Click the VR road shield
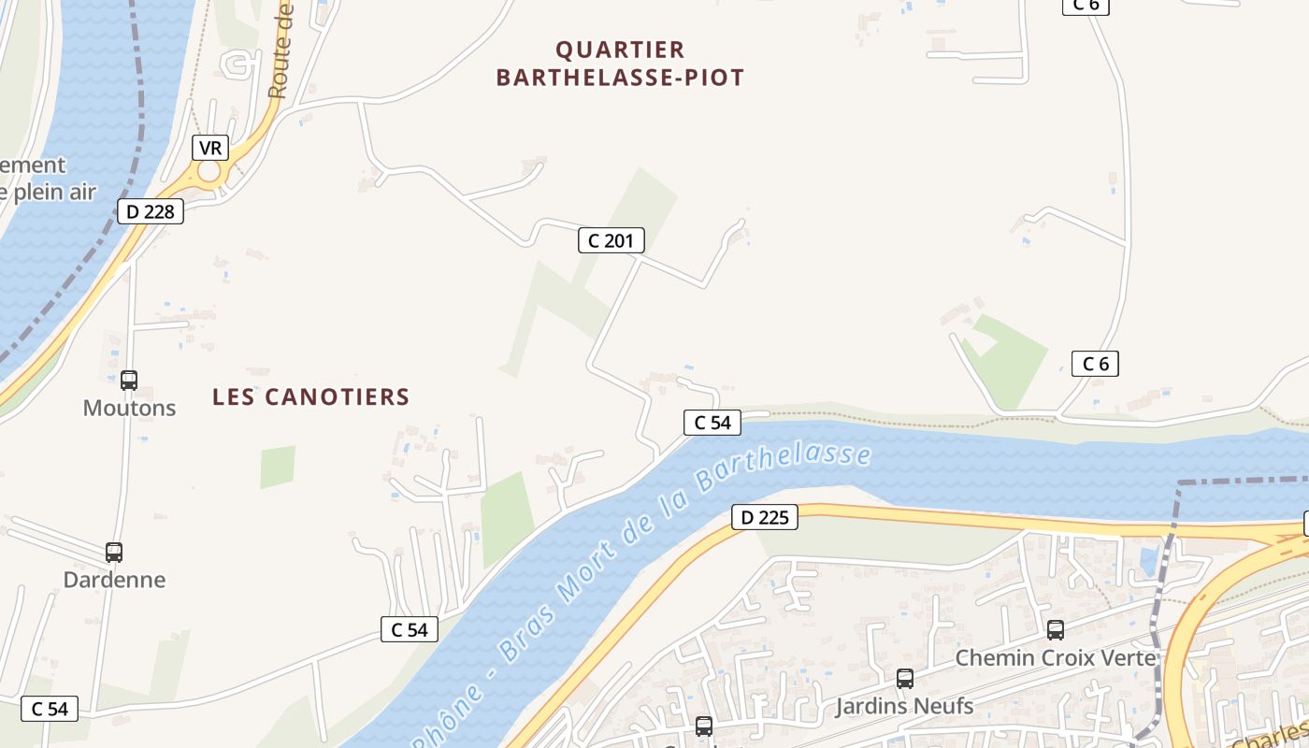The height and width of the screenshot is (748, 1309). pyautogui.click(x=210, y=148)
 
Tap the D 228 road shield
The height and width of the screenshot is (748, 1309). pyautogui.click(x=150, y=211)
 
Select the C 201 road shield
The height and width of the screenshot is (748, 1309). pyautogui.click(x=611, y=241)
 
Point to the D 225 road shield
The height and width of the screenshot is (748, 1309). pyautogui.click(x=764, y=517)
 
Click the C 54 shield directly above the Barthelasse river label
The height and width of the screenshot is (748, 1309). pyautogui.click(x=712, y=423)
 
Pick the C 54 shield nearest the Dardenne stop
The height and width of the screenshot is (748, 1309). pyautogui.click(x=410, y=629)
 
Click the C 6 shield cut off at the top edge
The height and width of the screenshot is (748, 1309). pyautogui.click(x=1086, y=5)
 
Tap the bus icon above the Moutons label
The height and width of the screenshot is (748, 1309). pyautogui.click(x=129, y=381)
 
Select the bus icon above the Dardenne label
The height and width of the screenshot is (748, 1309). pyautogui.click(x=114, y=553)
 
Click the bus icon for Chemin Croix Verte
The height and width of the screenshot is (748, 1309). pyautogui.click(x=1056, y=630)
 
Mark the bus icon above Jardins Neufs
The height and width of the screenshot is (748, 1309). pyautogui.click(x=904, y=679)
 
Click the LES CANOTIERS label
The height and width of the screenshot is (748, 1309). pyautogui.click(x=311, y=397)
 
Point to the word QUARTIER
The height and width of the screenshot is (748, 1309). pyautogui.click(x=620, y=50)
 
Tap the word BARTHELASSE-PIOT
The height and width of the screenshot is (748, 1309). pyautogui.click(x=620, y=78)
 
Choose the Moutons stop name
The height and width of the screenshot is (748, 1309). pyautogui.click(x=129, y=409)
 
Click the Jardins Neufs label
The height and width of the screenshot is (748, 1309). pyautogui.click(x=904, y=706)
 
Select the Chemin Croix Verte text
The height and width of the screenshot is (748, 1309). pyautogui.click(x=1056, y=658)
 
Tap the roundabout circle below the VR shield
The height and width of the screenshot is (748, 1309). pyautogui.click(x=209, y=172)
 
